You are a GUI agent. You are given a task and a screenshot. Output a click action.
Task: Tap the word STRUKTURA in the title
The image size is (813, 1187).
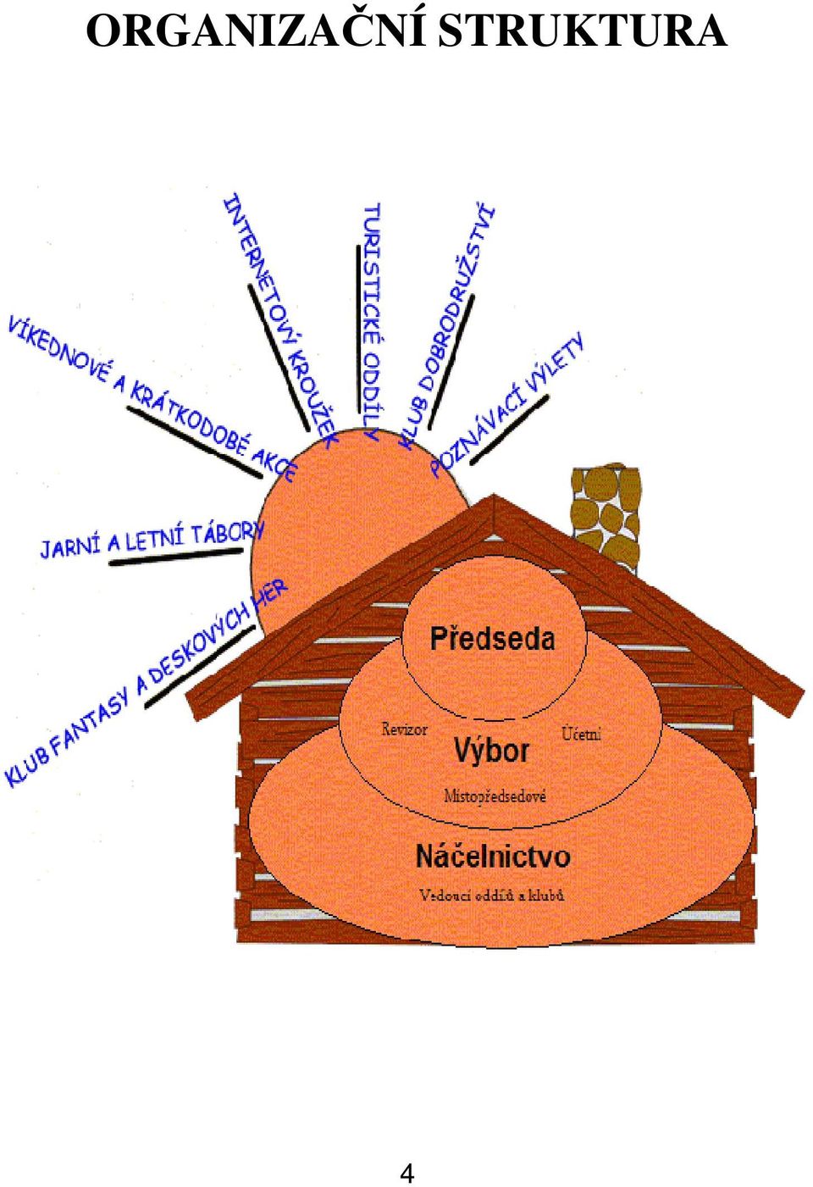point(583,31)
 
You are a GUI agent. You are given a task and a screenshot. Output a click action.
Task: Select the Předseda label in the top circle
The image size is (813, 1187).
point(492,638)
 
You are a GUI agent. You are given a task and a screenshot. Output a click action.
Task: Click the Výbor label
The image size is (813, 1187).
point(491,752)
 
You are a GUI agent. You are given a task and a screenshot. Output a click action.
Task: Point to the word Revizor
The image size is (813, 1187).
point(404,729)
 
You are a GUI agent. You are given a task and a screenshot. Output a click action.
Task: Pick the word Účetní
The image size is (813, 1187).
point(581,734)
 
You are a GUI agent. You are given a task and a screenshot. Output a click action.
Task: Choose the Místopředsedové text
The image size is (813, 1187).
point(495,796)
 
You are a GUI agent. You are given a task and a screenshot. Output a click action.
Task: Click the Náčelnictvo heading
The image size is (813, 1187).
point(493,856)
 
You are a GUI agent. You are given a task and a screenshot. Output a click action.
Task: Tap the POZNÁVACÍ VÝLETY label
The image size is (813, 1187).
point(507,404)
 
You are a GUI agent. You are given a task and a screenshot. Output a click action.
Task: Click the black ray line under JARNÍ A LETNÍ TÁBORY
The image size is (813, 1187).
point(176,557)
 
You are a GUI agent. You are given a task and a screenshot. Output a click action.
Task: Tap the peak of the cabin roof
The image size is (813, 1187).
point(494,495)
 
